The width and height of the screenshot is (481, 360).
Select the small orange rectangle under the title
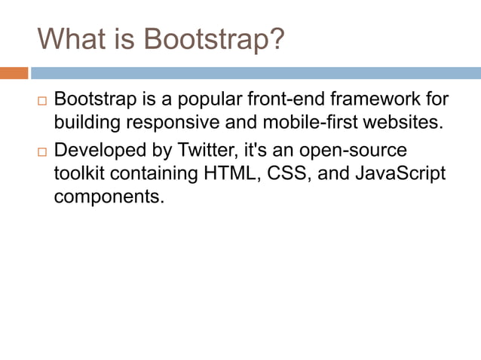tap(14, 73)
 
